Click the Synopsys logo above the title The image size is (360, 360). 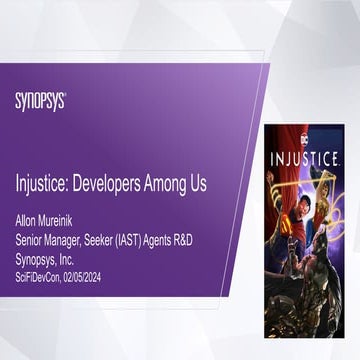(40, 101)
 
